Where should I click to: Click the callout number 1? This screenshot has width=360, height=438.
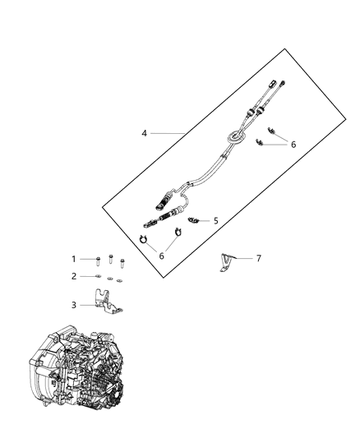tap(73, 259)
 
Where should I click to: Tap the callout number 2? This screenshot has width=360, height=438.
tap(73, 276)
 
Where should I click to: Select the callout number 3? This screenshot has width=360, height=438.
tap(73, 305)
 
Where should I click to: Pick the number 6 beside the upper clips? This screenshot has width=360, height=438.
tap(292, 144)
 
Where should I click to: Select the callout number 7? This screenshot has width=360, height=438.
tap(258, 258)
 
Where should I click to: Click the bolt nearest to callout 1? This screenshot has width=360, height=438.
tap(97, 260)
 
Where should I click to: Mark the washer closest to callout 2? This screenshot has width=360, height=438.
tap(98, 277)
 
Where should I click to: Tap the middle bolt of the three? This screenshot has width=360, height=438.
tap(111, 260)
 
